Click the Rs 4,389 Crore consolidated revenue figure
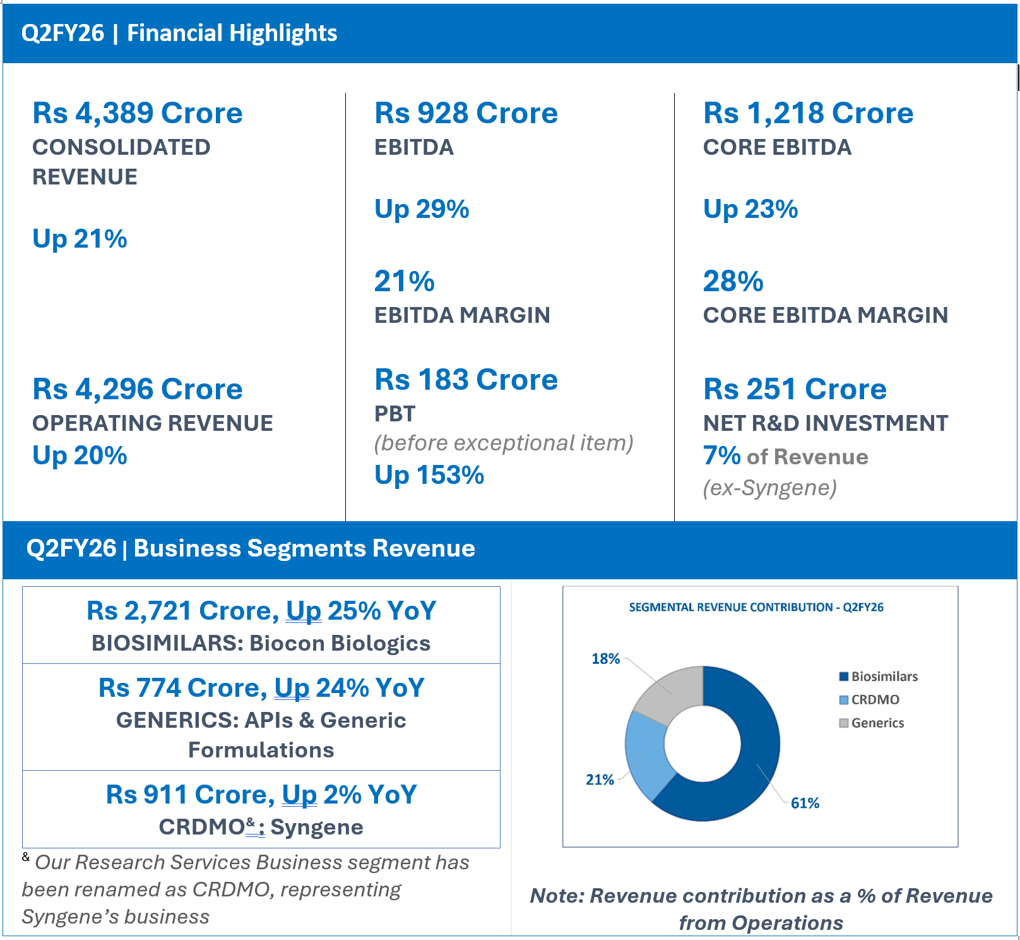pos(137,113)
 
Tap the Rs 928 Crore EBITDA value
pos(466,113)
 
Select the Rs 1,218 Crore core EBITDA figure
pos(808,113)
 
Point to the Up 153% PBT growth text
pos(429,475)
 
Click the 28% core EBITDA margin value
pos(733,282)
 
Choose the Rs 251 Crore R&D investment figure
pos(795,389)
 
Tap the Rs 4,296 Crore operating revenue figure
pos(137,389)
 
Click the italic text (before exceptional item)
pos(503,443)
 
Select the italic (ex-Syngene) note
pos(769,488)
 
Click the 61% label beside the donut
pos(805,803)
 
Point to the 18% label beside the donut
pos(605,659)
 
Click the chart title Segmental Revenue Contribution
pos(756,607)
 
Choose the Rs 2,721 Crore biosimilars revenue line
pos(261,611)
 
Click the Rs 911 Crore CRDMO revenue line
pos(261,795)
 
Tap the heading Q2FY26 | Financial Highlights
pos(179,33)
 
